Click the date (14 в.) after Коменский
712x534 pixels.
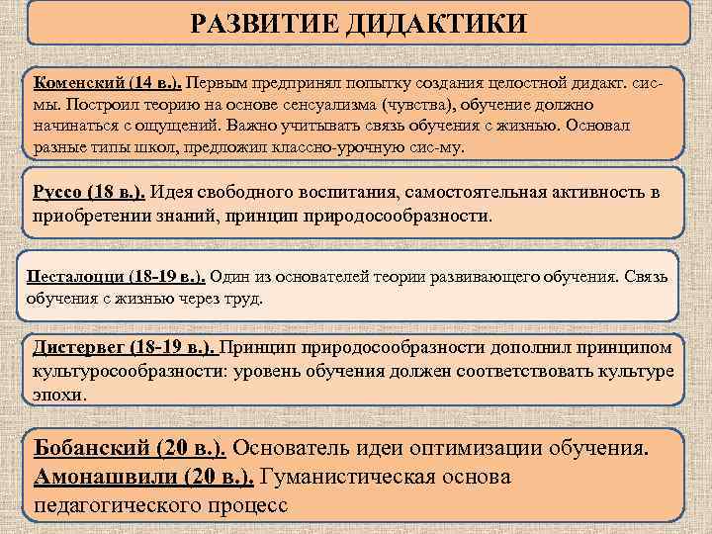(x=150, y=80)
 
